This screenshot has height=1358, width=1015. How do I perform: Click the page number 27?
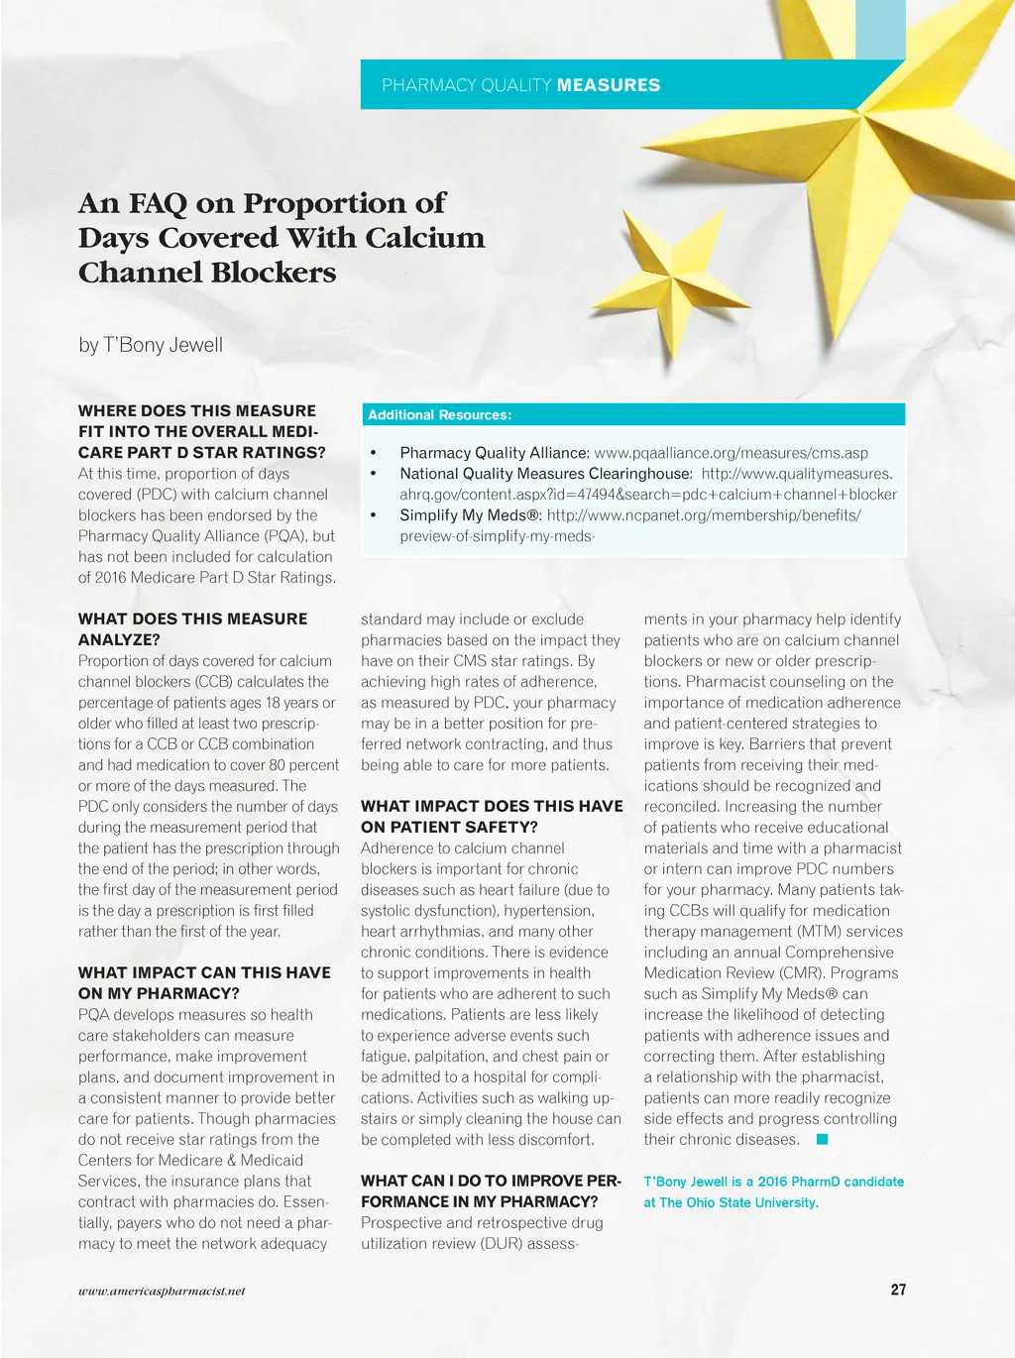tap(898, 1290)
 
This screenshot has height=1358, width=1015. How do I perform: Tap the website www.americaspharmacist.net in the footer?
tap(162, 1291)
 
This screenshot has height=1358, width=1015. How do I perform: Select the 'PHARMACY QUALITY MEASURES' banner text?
tap(520, 85)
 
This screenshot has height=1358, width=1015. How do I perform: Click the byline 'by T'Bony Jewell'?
tap(151, 345)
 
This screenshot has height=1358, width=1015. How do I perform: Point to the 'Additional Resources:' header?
tap(439, 414)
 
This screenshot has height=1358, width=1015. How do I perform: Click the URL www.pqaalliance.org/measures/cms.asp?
tap(731, 452)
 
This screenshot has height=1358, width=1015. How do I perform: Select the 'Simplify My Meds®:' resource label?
tap(471, 514)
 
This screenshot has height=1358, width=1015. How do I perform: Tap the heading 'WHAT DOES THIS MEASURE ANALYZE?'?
tap(192, 628)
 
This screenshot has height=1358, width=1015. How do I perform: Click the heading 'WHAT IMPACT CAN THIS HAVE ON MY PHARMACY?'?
tap(204, 982)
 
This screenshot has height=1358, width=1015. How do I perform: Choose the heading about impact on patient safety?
tap(492, 816)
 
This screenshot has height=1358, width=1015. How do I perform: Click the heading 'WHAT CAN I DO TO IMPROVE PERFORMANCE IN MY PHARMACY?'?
tap(491, 1190)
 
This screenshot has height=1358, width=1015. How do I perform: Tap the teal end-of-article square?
tap(822, 1139)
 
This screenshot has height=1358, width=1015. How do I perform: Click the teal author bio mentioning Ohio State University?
tap(773, 1191)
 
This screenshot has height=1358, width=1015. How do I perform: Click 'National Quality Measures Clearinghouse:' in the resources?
tap(546, 473)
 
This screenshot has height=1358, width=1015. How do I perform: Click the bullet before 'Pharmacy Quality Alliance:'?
tap(373, 453)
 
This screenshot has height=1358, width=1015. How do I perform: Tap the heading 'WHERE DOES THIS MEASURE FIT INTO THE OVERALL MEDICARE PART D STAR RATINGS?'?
tap(201, 431)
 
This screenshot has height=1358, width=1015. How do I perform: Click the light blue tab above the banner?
tap(880, 29)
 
